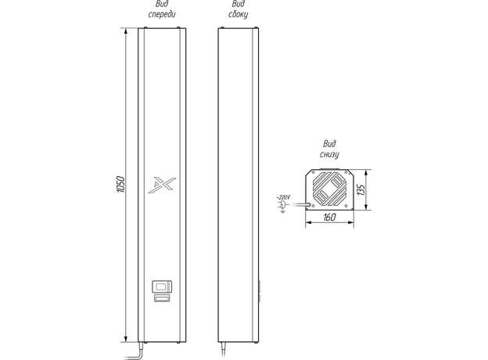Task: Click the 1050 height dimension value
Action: coord(120,185)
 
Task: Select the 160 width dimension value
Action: coord(329,217)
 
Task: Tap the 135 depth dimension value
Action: coord(361,189)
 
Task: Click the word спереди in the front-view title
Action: coord(162,14)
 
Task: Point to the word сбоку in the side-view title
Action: coord(238,15)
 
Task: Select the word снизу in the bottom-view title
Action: coord(329,154)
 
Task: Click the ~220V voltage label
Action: coord(283,197)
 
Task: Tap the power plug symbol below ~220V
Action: coord(283,207)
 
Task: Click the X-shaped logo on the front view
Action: coord(162,185)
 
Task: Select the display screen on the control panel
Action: coord(160,286)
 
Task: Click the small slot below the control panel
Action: coord(162,298)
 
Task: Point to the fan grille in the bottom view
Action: coord(329,189)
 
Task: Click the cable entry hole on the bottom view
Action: coord(308,205)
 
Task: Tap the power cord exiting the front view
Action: coord(135,351)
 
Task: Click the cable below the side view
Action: coord(223,351)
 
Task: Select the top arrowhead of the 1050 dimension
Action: coord(126,31)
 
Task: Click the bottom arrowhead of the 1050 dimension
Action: coord(126,339)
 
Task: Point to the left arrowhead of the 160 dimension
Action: coord(309,222)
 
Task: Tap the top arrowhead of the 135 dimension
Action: coord(367,173)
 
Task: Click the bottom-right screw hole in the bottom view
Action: coord(346,206)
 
